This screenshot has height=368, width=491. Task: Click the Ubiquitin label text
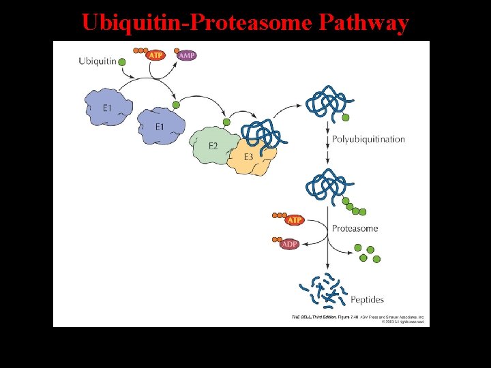coord(97,61)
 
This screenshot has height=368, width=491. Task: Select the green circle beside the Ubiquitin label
coord(122,63)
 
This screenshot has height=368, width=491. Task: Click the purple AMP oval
coord(186,55)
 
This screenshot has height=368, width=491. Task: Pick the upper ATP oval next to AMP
coord(156,55)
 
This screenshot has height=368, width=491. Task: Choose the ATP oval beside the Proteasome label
coord(295,220)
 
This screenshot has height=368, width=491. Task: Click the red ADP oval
coord(291,244)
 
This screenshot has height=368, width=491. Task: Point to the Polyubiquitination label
coord(368,139)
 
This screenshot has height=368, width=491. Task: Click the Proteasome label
coord(355,228)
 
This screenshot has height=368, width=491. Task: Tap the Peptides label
coord(367,299)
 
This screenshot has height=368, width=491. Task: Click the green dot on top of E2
coord(226,123)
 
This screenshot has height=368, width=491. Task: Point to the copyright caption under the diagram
coord(359,319)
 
